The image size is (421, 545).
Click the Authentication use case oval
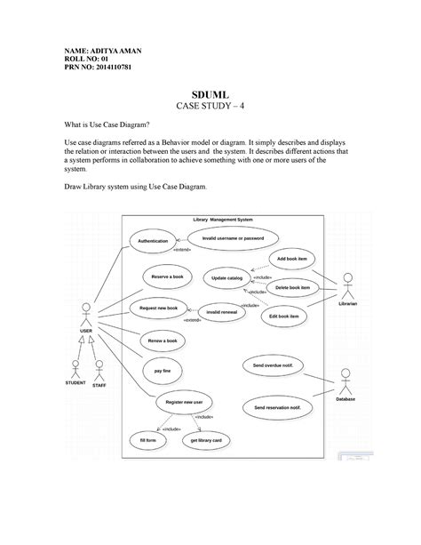152,242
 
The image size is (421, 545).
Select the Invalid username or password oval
233,238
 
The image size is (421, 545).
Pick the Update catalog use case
226,278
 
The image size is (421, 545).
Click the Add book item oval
291,259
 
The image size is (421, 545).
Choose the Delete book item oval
292,288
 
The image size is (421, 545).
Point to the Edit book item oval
283,316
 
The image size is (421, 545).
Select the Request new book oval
159,308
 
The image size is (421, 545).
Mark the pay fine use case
163,369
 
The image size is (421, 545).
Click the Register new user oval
184,402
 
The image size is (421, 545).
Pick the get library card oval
205,440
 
